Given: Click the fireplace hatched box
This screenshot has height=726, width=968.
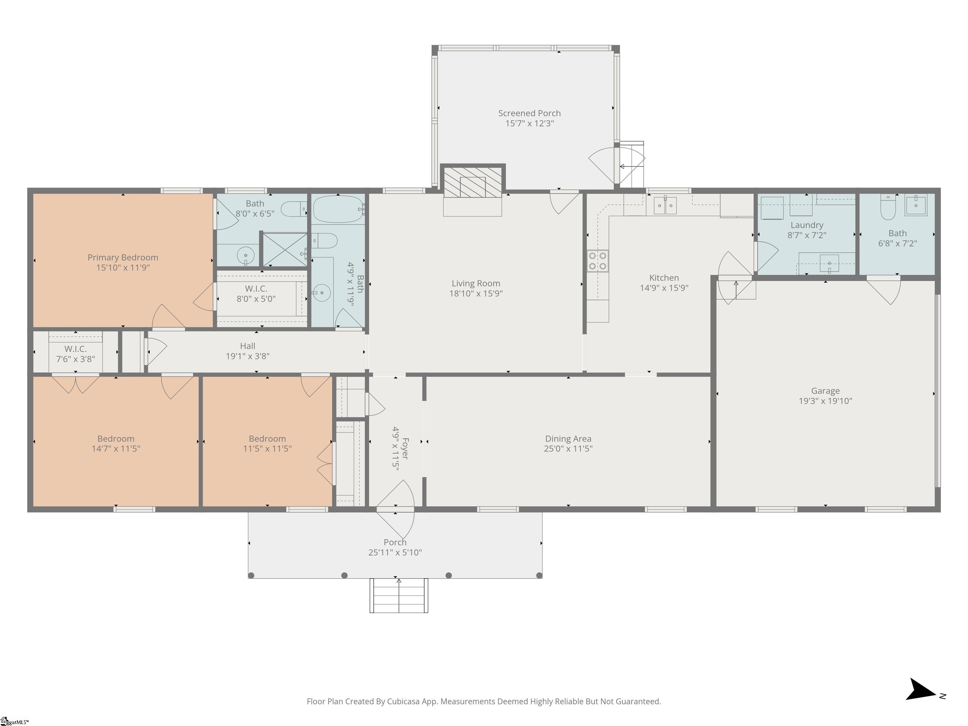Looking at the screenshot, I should click(x=473, y=182).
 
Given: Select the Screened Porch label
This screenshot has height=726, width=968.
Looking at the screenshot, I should click(x=529, y=113).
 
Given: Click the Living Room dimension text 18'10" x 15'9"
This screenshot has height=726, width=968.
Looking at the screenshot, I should click(x=476, y=294).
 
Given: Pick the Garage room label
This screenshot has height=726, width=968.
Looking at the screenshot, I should click(x=825, y=391).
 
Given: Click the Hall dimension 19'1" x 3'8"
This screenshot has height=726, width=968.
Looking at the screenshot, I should click(x=247, y=356).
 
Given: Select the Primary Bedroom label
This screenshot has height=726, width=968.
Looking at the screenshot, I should click(x=123, y=257).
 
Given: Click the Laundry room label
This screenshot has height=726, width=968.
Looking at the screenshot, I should click(x=807, y=225).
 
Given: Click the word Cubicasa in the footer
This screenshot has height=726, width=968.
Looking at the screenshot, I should click(x=403, y=701).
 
